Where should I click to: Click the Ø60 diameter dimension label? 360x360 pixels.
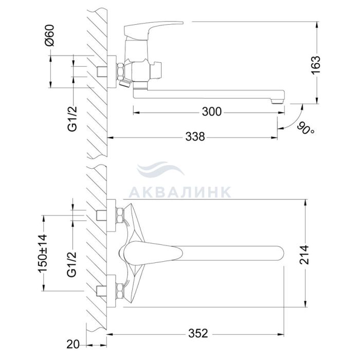pos(50,35)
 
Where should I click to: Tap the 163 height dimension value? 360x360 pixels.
pos(315,65)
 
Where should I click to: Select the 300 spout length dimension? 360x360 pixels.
pos(212,112)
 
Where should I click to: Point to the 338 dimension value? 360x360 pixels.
pos(195,137)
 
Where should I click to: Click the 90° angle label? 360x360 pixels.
pos(307,129)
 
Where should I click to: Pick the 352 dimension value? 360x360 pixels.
pos(198,333)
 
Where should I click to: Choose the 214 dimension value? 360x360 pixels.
pos(304,255)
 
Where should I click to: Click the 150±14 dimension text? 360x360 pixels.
pos(43,253)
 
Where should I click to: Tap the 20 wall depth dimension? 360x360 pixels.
pos(73,345)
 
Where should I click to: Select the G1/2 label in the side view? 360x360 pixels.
pos(73,119)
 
